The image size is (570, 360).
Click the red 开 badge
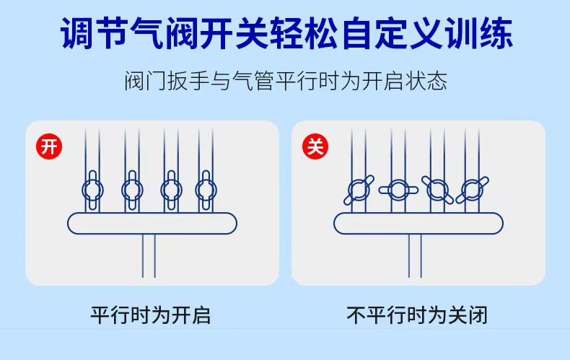point(49,146)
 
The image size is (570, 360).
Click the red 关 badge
point(315,146)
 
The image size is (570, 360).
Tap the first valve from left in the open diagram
point(92,190)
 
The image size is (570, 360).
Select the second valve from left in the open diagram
point(132,190)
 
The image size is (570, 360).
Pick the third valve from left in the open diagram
point(171,190)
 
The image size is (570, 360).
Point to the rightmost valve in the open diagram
point(206,190)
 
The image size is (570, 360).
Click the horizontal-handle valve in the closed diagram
point(398,190)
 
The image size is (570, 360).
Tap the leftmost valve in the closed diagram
point(359,190)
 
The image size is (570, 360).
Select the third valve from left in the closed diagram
point(437,190)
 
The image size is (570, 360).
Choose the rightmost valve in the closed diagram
point(472,190)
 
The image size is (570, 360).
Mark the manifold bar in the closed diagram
point(418,223)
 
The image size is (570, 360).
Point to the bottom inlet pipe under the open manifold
point(149,255)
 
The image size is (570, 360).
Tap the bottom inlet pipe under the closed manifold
point(415,255)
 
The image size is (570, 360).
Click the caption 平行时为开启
point(151,315)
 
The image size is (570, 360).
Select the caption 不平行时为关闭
point(417,315)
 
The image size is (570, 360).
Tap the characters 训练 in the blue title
point(480,33)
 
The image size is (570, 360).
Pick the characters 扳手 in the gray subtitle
point(188,81)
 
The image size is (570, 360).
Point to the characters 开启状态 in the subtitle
point(405,81)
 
